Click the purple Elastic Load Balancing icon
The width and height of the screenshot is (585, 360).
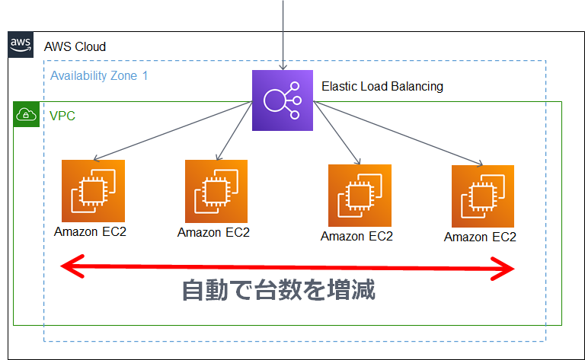(x=283, y=100)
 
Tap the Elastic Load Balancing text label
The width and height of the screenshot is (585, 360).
(x=382, y=87)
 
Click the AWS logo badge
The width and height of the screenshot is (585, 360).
(x=21, y=46)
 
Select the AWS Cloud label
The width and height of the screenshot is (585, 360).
(x=75, y=47)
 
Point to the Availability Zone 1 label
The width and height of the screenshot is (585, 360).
(x=99, y=76)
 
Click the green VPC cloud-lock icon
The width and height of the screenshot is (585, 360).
(x=27, y=115)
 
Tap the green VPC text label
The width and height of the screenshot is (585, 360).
(x=62, y=116)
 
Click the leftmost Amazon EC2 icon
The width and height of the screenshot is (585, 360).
(x=92, y=190)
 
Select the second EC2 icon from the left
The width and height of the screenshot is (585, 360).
(x=216, y=191)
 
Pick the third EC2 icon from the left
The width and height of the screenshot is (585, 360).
(x=360, y=195)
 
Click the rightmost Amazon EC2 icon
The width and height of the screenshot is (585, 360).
(x=482, y=196)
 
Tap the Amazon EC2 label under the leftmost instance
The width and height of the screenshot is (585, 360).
(x=91, y=231)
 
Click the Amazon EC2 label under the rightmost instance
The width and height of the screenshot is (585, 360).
(x=480, y=237)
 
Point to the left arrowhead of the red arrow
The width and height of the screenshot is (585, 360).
(x=70, y=266)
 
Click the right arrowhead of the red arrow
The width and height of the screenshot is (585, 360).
(x=507, y=268)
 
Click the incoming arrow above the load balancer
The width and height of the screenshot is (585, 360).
(x=283, y=34)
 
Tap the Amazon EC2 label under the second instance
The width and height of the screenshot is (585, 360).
(x=213, y=233)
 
